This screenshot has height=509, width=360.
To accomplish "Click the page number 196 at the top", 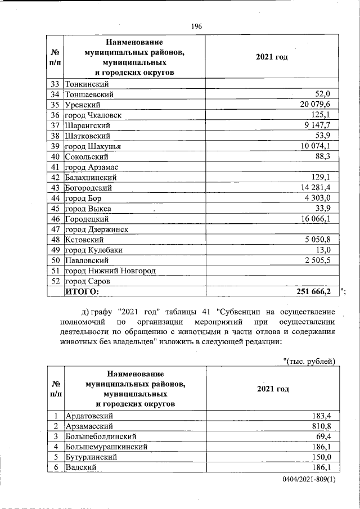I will click(x=196, y=26).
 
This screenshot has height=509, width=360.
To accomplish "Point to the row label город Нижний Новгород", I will click(x=110, y=271).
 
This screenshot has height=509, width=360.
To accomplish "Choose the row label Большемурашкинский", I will click(x=107, y=447).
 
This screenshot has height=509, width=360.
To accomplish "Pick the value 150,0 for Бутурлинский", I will click(x=325, y=457).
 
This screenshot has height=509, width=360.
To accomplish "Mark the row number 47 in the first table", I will click(x=55, y=229).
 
